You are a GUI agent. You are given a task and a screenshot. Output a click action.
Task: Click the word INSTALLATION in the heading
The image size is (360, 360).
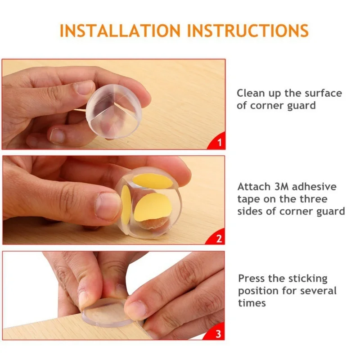pos(120,31)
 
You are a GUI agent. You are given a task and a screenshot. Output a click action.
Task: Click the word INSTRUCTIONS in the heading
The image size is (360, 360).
pos(248,31)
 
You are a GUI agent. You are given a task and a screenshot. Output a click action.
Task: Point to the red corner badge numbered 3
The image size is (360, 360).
pos(216,333)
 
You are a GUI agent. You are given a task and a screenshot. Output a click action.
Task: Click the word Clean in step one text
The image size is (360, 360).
pos(251,93)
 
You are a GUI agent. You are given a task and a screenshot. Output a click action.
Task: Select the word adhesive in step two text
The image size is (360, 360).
pos(314,186)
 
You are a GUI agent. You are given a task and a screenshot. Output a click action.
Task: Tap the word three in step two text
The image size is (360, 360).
pos(313,199)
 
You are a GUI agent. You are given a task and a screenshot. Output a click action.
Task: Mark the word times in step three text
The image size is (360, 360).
pos(252,303)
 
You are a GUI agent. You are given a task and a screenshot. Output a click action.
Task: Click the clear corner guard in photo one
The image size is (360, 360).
pos(114,111)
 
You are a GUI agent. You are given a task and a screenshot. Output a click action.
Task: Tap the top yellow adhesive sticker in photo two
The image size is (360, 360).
pos(153,181)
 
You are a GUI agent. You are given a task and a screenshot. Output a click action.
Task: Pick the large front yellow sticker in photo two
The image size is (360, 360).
pos(153,207)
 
